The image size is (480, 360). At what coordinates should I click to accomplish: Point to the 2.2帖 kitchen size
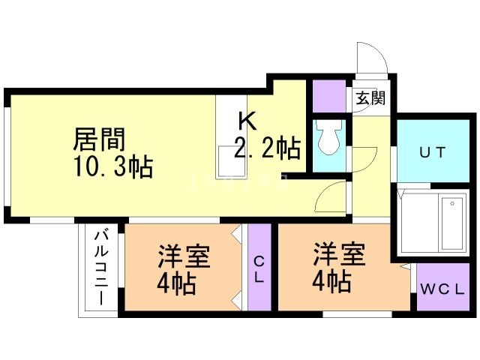[x=267, y=147]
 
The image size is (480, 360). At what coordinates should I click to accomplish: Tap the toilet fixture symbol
[x=328, y=137]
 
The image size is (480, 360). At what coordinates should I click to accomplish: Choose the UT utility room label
[x=432, y=152]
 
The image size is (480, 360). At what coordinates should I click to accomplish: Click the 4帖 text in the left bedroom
[x=178, y=284]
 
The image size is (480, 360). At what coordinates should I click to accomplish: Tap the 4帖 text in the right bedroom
[x=332, y=282]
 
